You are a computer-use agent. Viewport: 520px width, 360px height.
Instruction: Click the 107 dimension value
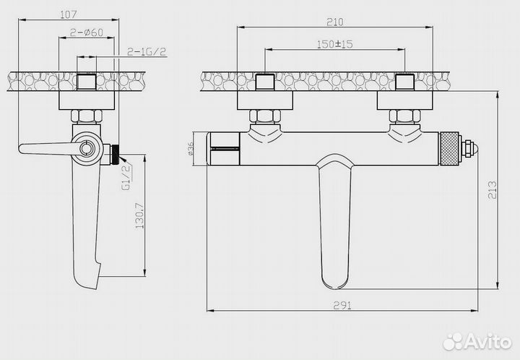(x=69, y=14)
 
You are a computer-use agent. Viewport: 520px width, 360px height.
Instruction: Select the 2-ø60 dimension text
(x=87, y=33)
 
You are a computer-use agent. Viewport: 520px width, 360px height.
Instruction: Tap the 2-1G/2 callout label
(x=147, y=51)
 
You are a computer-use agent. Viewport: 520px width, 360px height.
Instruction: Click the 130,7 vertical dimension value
(x=139, y=215)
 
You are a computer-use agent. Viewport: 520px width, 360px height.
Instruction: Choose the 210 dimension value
(x=335, y=22)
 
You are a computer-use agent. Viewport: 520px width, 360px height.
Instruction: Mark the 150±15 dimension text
(x=335, y=44)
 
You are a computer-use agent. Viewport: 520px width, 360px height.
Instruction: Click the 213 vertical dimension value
(x=492, y=190)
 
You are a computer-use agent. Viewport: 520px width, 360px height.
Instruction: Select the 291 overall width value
(x=342, y=306)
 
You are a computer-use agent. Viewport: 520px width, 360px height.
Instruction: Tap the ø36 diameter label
(x=191, y=149)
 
